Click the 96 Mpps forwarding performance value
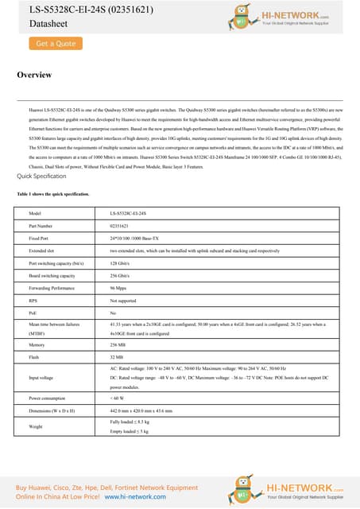(x=118, y=288)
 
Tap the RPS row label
(x=33, y=301)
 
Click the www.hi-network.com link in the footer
(x=130, y=496)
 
